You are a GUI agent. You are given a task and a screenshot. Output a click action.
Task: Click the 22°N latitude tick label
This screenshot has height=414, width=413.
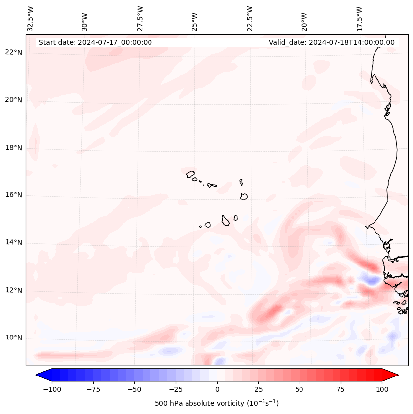point(14,53)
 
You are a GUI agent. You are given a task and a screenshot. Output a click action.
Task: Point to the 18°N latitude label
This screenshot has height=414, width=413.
point(14,148)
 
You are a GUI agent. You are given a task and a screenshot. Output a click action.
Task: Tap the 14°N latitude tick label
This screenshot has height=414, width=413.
point(14,242)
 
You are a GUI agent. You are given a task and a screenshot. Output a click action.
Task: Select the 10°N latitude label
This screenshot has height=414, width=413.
point(14,338)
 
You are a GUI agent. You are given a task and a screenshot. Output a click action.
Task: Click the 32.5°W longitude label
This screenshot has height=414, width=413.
point(31,18)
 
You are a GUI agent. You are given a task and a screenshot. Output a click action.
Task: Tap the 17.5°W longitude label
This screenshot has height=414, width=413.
point(359,18)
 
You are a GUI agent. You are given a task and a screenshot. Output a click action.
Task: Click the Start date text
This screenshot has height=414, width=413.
point(95,42)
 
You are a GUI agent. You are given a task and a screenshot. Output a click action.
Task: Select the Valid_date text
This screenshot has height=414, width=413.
point(332,42)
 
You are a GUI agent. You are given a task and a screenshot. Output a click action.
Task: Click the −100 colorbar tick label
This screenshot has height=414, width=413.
point(50,389)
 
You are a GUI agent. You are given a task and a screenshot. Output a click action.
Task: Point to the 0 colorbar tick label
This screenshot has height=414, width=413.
point(217,389)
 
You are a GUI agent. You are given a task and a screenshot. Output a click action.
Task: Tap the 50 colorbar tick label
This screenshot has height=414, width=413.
point(299,389)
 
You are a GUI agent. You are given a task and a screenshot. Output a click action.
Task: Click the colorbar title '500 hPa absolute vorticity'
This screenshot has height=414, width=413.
point(217,403)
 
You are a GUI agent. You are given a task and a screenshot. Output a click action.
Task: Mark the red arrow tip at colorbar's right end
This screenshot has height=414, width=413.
point(396,376)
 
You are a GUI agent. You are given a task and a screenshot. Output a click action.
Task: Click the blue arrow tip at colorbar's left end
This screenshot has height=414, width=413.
point(38,376)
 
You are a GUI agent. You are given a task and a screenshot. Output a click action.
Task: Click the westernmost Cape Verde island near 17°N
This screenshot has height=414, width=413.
point(190,174)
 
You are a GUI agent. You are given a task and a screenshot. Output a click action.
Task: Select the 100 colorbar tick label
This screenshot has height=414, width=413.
point(382,389)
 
